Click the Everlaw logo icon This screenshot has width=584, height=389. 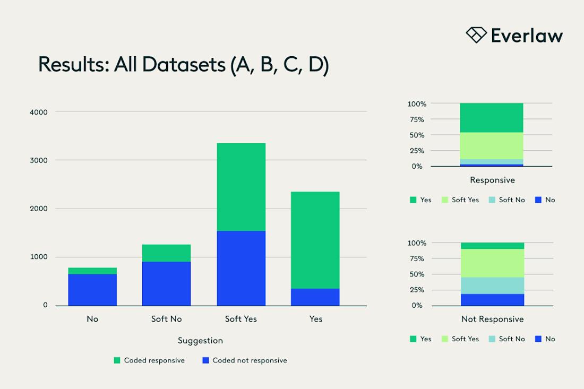coord(476,35)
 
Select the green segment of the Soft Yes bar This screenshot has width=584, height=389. coord(241,187)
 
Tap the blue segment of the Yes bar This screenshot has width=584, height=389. coord(315,297)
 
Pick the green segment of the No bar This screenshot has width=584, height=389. coord(92,271)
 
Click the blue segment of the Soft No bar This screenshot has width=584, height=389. coord(166,283)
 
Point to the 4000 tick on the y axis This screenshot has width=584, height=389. coord(38,112)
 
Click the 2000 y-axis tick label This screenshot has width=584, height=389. coord(38,209)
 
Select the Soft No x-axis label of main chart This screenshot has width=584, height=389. coord(166,319)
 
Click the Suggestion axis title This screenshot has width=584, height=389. coord(200,341)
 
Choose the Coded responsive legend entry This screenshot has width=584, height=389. coord(149,360)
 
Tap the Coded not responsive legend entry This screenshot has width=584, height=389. coord(245,360)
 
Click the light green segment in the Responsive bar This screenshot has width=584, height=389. coord(492,145)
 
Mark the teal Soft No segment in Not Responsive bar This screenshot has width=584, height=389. coord(492,286)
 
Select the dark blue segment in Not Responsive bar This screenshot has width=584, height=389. coord(492,300)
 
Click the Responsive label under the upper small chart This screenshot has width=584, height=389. coord(492,180)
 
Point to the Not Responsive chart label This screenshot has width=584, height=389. coord(492,319)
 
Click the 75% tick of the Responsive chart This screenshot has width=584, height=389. coord(416,119)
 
